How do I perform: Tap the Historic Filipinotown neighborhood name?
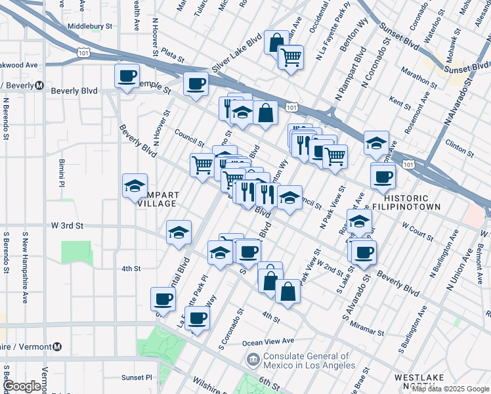coord(406,202)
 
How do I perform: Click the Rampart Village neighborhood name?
coord(157,199)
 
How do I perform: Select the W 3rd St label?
coord(68,225)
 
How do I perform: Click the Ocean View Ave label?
coord(267,341)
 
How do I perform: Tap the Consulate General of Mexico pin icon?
coord(253,359)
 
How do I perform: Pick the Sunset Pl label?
coord(136,378)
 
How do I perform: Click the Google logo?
coord(22,386)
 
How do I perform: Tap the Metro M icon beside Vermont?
coord(58,347)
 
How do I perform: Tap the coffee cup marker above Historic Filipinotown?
coord(383,175)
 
